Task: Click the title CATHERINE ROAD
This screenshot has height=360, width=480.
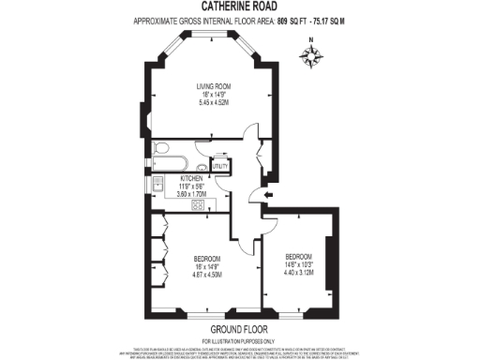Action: (x=239, y=7)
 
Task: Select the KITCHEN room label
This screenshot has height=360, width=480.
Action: (x=192, y=177)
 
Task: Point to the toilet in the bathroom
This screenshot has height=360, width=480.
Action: (x=159, y=147)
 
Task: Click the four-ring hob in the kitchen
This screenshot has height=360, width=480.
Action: (x=199, y=205)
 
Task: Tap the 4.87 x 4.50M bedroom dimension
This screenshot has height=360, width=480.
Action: (x=206, y=275)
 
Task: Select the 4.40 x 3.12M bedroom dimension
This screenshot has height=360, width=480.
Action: (x=299, y=273)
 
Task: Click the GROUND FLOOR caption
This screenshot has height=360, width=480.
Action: (x=239, y=330)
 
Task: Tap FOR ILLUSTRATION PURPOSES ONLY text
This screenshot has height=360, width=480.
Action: (x=239, y=339)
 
